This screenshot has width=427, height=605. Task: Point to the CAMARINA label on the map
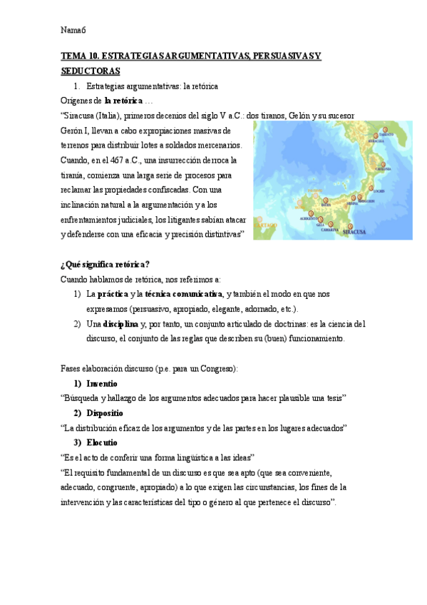coord(329,230)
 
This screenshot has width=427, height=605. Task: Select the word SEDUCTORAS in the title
coord(91,71)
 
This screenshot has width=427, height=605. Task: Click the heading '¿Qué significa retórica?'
coord(106,264)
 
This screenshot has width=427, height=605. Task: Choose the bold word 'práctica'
coord(113,293)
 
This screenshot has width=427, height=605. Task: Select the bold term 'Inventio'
coord(102,383)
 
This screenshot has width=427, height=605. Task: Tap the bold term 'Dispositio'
coord(105,413)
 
